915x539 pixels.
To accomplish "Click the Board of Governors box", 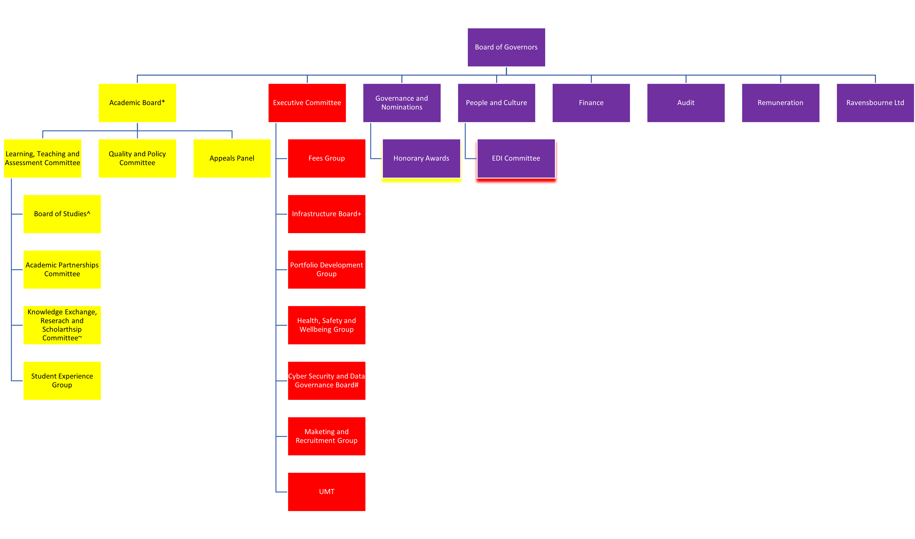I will (x=506, y=47).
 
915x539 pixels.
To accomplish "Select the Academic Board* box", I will (x=137, y=103).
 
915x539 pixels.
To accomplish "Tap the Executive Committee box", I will (x=307, y=103).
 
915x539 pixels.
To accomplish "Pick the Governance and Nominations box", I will (x=402, y=103).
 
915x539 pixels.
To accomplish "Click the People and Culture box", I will (x=496, y=103).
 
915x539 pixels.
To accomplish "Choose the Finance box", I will (x=591, y=103).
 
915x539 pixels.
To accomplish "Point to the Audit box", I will (x=686, y=103).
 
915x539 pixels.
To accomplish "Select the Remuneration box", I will (x=780, y=103).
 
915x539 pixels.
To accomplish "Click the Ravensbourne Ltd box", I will (x=875, y=103).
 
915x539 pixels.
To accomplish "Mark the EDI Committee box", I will (x=516, y=158).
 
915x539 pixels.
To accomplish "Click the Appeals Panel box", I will (x=232, y=158).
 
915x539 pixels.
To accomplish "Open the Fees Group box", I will (x=327, y=158).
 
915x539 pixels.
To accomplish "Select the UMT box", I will (x=327, y=492).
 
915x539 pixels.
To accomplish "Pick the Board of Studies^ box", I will (x=62, y=214).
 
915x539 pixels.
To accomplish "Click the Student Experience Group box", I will (x=62, y=381).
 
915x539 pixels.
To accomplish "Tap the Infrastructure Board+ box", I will (x=327, y=214).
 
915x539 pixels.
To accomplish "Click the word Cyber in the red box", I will (x=297, y=376).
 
